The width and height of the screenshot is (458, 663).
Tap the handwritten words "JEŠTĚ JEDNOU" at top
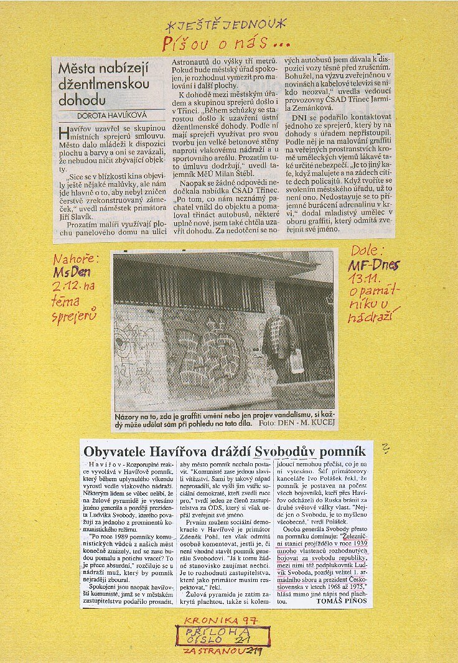click(x=226, y=25)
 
